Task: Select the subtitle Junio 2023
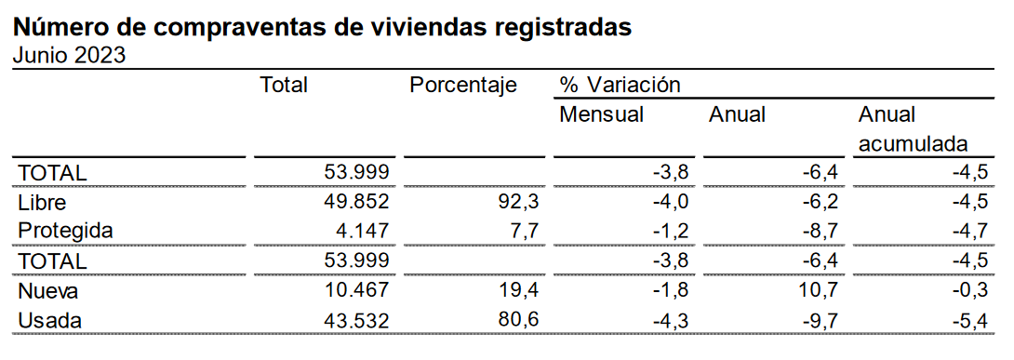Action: pyautogui.click(x=69, y=56)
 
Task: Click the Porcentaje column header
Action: pyautogui.click(x=463, y=85)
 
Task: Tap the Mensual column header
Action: pyautogui.click(x=601, y=114)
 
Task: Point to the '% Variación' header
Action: pyautogui.click(x=620, y=85)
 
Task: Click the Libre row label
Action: pyautogui.click(x=42, y=202)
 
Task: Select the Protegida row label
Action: pyautogui.click(x=65, y=231)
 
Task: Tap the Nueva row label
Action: pyautogui.click(x=48, y=291)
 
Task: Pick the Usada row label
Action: pyautogui.click(x=50, y=320)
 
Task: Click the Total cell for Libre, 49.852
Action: pyautogui.click(x=357, y=202)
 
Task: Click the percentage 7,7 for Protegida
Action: pyautogui.click(x=527, y=231)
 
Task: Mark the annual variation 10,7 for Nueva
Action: pyautogui.click(x=820, y=291)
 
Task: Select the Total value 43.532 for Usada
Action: pyautogui.click(x=357, y=320)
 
